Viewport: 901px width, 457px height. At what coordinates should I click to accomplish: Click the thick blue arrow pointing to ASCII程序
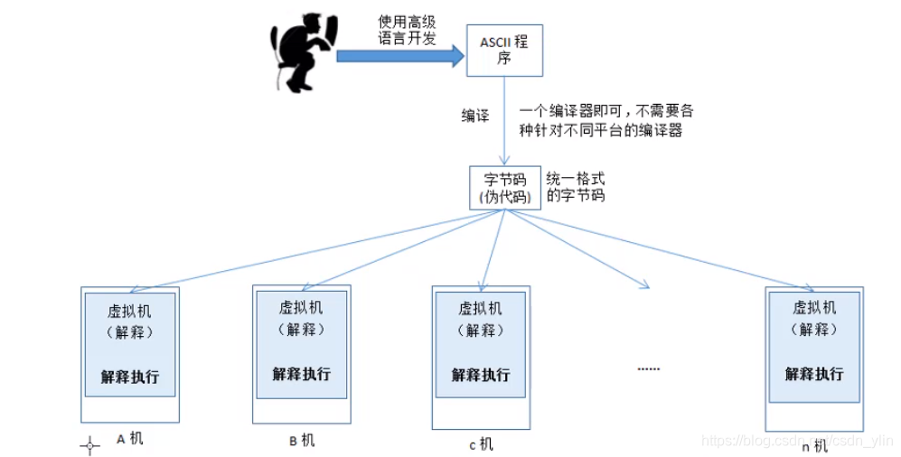point(399,55)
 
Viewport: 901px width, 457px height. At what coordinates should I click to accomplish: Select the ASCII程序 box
point(504,50)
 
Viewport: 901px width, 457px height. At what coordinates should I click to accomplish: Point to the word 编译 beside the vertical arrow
point(475,117)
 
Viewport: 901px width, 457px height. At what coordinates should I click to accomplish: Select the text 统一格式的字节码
point(576,187)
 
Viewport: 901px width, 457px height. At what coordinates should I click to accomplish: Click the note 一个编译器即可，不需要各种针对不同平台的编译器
point(606,120)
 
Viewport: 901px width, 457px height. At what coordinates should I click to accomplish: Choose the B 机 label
point(302,440)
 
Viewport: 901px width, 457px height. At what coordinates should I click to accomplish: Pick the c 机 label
point(481,443)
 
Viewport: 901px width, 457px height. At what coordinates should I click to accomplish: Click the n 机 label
point(814,445)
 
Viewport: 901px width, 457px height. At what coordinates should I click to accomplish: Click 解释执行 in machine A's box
point(130,376)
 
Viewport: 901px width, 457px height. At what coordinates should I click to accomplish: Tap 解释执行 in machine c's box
point(481,375)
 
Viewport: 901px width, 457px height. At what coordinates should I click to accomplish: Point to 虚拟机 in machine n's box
point(814,307)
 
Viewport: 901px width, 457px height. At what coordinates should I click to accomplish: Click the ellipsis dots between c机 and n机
point(649,368)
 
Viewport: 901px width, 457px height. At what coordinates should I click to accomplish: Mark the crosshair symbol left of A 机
point(90,445)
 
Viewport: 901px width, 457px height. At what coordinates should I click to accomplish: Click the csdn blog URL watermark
point(796,440)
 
